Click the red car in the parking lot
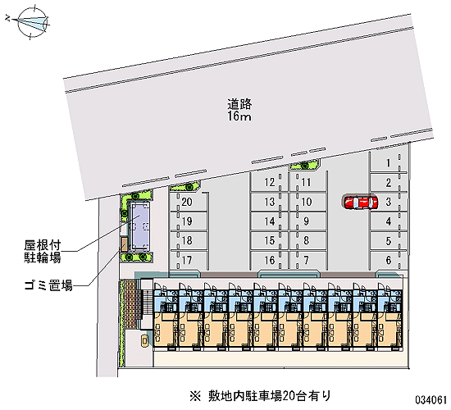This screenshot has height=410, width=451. (361, 203)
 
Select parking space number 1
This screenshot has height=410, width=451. (389, 163)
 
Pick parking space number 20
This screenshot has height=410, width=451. (189, 202)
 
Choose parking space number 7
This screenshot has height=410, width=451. (307, 260)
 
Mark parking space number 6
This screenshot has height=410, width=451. (389, 260)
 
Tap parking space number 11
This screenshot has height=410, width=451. (307, 182)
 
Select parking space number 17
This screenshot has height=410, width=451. (189, 260)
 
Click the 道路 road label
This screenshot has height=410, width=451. (239, 104)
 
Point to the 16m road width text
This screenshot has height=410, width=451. (239, 116)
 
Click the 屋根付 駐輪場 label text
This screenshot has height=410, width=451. (43, 252)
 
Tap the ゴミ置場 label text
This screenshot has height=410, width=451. (48, 285)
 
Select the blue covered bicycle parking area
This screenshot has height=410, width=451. (140, 225)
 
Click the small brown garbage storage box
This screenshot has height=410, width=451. (125, 244)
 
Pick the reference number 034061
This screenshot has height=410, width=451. (430, 399)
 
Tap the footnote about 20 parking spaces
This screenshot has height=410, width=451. (260, 396)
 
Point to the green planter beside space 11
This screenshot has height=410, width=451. (304, 165)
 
